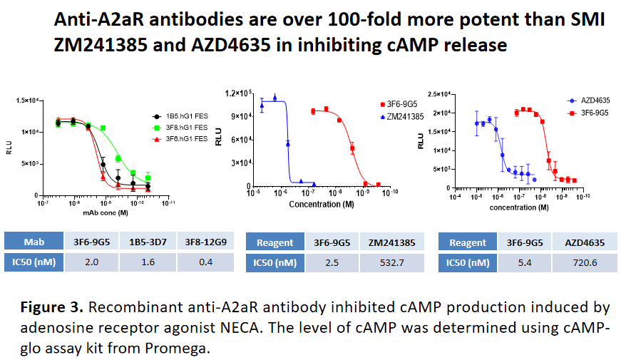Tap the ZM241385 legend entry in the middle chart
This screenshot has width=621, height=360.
tap(402, 115)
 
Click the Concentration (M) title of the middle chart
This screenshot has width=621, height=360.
tap(321, 204)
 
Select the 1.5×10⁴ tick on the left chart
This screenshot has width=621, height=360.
tap(26, 101)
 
